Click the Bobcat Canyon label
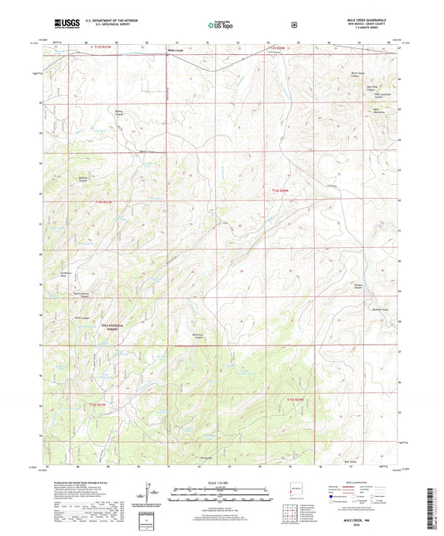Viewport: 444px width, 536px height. coord(83,201)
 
